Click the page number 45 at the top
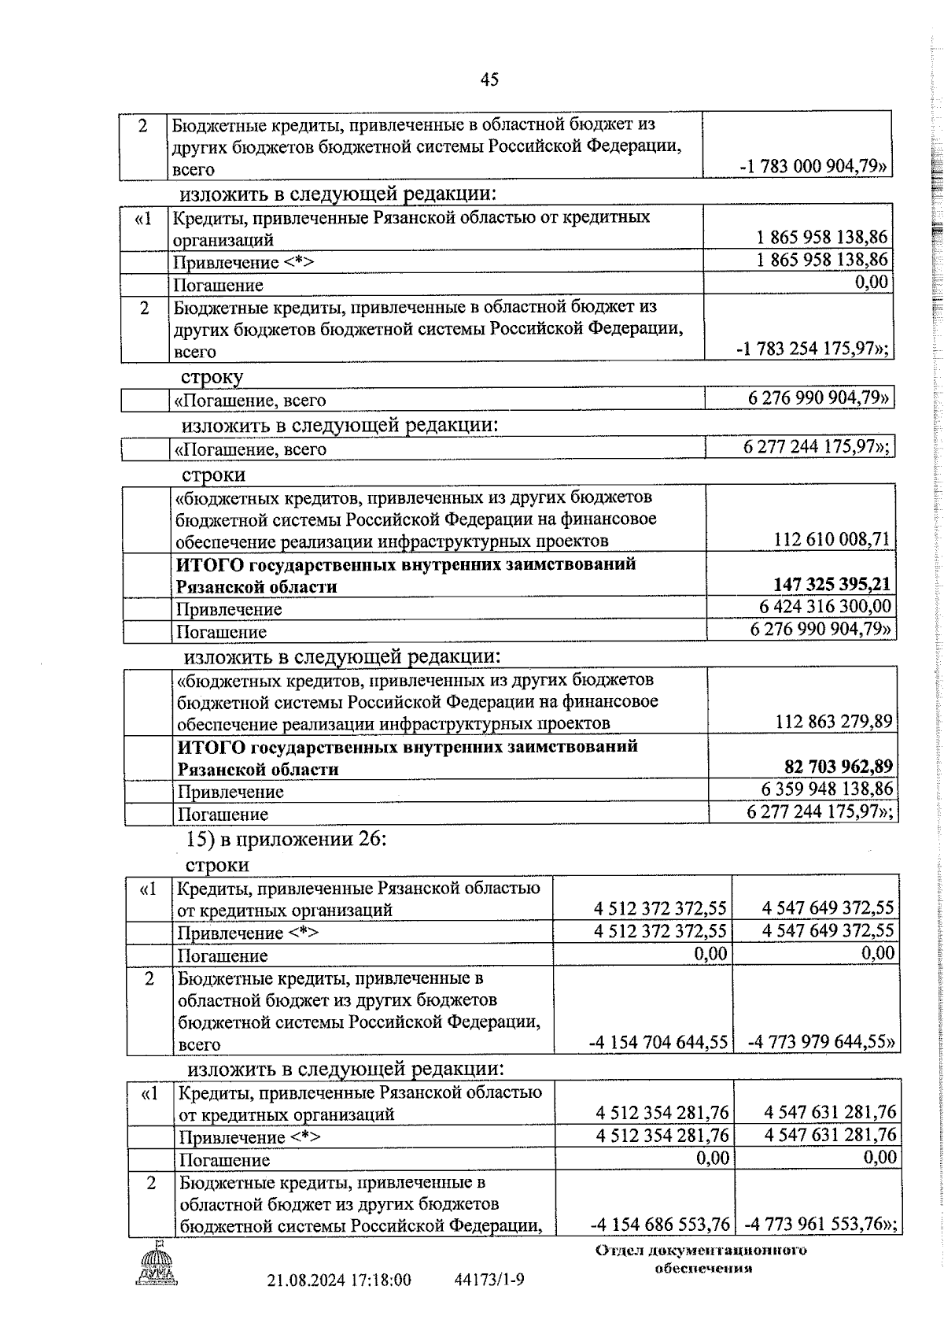[x=489, y=79]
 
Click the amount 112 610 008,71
[x=832, y=539]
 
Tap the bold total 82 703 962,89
[x=839, y=767]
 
